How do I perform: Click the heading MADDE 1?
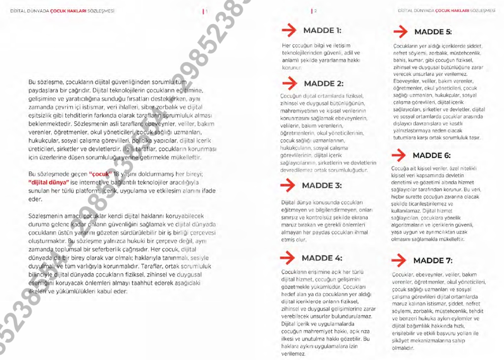[x=322, y=30]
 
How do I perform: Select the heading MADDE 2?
[x=323, y=84]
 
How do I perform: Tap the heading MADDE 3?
[x=321, y=185]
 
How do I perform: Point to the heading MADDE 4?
[x=321, y=258]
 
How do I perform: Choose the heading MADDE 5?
[x=433, y=32]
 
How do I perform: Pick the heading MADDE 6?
[x=431, y=156]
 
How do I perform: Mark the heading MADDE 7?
[x=433, y=261]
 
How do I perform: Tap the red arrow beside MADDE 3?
[x=288, y=185]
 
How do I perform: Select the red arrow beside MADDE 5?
[x=401, y=32]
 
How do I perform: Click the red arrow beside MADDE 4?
[x=288, y=258]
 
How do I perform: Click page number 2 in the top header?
[x=315, y=11]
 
